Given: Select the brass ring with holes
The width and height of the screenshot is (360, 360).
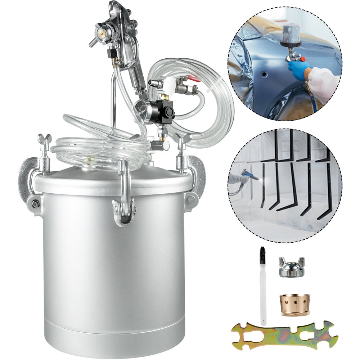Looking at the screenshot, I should tap(294, 304).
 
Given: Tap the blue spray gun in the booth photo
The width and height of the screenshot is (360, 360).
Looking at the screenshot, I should tap(248, 175).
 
